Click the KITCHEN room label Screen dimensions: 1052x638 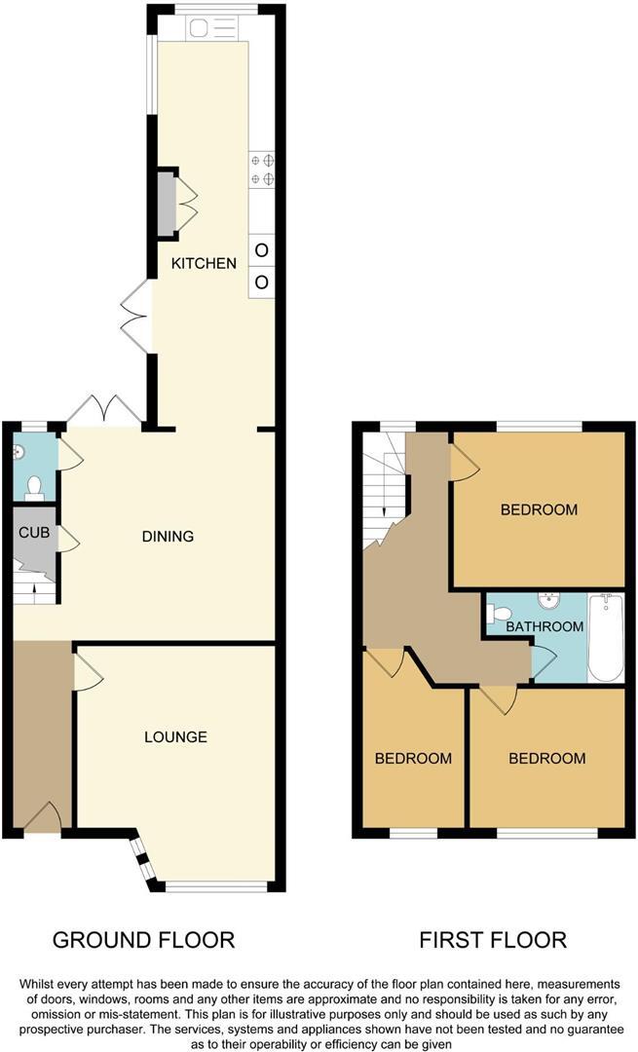pyautogui.click(x=204, y=263)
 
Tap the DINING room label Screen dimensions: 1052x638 pyautogui.click(x=168, y=536)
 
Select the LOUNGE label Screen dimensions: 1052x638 pyautogui.click(x=175, y=736)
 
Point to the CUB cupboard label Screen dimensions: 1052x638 pyautogui.click(x=33, y=533)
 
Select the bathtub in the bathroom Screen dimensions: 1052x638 pyautogui.click(x=605, y=637)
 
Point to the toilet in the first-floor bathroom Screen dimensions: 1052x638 pyautogui.click(x=500, y=614)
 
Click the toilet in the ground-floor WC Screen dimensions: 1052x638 pyautogui.click(x=34, y=484)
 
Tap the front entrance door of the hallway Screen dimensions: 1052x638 pyautogui.click(x=42, y=819)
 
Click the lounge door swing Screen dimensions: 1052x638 pyautogui.click(x=87, y=673)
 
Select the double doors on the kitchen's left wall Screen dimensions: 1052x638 pyautogui.click(x=135, y=315)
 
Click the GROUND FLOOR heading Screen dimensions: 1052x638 pyautogui.click(x=143, y=940)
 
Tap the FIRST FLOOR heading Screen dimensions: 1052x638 pyautogui.click(x=493, y=940)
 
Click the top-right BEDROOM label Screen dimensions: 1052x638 pyautogui.click(x=539, y=509)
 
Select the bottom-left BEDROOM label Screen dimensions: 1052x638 pyautogui.click(x=414, y=758)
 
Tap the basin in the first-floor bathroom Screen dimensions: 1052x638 pyautogui.click(x=546, y=599)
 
